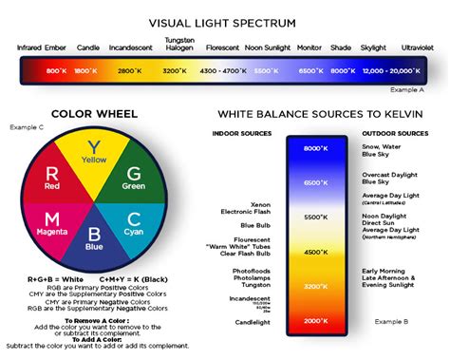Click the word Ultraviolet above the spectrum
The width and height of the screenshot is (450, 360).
(418, 47)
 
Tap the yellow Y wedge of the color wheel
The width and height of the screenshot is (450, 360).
(92, 152)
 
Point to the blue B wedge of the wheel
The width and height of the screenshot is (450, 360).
(92, 239)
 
